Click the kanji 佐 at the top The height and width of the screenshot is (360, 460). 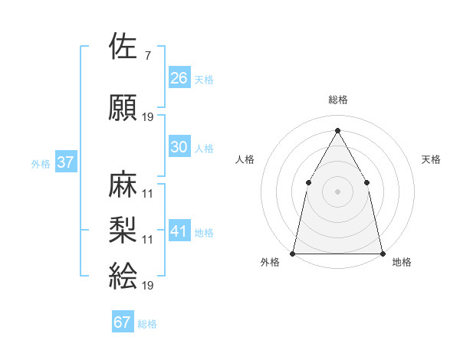click(x=124, y=47)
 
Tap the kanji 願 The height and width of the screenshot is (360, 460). click(x=124, y=108)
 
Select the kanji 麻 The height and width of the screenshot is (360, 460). click(x=124, y=185)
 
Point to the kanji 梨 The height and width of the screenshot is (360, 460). click(x=124, y=229)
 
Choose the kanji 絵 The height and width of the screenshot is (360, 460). click(x=124, y=275)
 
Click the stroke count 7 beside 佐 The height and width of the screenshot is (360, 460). click(x=147, y=55)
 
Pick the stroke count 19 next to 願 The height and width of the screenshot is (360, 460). click(x=148, y=117)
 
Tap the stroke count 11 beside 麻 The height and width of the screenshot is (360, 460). click(x=148, y=193)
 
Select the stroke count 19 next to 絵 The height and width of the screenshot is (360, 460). click(x=148, y=285)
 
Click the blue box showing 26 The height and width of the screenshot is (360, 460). click(x=179, y=77)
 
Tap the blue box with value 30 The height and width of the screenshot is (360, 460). click(x=179, y=147)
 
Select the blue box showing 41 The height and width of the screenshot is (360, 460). click(x=179, y=231)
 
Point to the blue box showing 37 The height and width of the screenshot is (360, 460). click(x=66, y=162)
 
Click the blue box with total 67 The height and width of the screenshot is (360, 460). click(x=123, y=322)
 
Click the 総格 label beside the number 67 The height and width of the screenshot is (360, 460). click(x=147, y=324)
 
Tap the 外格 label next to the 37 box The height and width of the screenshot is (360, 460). click(x=40, y=163)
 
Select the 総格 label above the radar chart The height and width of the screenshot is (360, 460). click(x=337, y=100)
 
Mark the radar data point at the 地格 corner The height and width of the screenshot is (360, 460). click(x=382, y=253)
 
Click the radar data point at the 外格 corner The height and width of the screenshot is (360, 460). click(x=293, y=253)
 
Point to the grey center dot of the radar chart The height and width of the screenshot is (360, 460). click(x=337, y=191)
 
